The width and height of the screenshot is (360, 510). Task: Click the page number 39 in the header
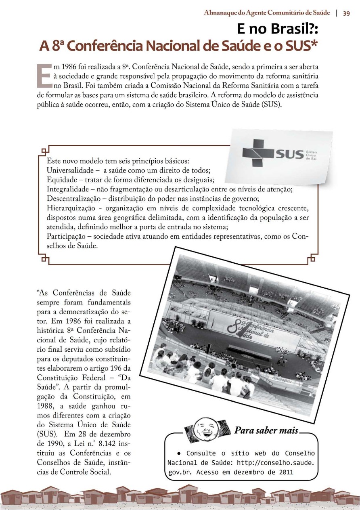coord(346,13)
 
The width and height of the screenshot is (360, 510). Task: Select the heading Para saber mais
coord(267,430)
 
